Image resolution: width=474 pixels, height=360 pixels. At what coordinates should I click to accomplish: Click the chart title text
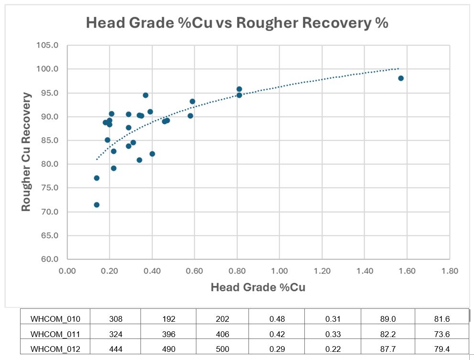coord(237,23)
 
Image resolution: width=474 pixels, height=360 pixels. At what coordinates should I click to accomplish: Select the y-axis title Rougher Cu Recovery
coord(27,152)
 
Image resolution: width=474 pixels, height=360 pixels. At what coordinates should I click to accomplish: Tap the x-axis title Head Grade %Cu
coord(258,287)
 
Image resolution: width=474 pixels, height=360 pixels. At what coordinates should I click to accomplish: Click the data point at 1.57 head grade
coord(401,78)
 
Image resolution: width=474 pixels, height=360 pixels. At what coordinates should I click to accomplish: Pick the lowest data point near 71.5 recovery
coord(97,205)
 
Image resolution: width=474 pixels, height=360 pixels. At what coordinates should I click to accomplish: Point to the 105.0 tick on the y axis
coord(48,45)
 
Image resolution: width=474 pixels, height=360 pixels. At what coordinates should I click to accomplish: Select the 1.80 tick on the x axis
coord(450,271)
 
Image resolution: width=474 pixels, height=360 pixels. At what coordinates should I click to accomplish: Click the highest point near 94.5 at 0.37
coord(146,95)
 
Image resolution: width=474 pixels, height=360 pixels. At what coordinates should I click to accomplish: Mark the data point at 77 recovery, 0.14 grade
coord(97,178)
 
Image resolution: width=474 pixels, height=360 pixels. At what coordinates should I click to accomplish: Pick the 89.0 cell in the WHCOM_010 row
coord(387,319)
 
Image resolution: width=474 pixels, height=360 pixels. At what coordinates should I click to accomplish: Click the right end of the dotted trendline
coord(398,68)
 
